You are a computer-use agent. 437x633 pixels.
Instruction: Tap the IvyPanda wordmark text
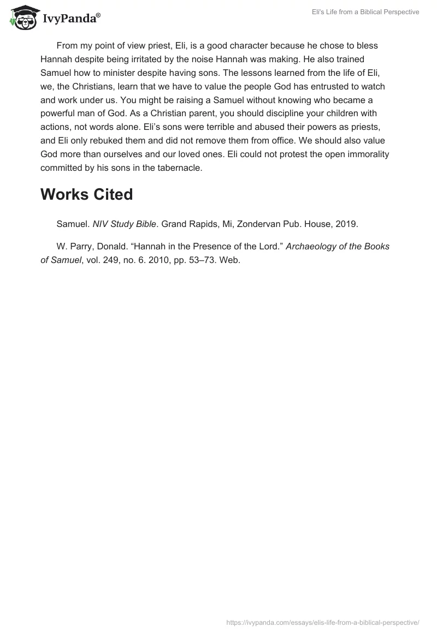pyautogui.click(x=71, y=18)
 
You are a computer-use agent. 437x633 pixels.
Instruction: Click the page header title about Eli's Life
pyautogui.click(x=362, y=12)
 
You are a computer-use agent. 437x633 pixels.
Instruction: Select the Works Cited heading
pyautogui.click(x=86, y=195)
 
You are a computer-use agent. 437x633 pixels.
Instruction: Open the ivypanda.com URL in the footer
pyautogui.click(x=323, y=622)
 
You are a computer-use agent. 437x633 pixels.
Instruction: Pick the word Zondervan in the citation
pyautogui.click(x=247, y=223)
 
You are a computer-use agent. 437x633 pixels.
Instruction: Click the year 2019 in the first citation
pyautogui.click(x=347, y=223)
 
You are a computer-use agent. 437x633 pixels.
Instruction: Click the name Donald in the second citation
pyautogui.click(x=110, y=246)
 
